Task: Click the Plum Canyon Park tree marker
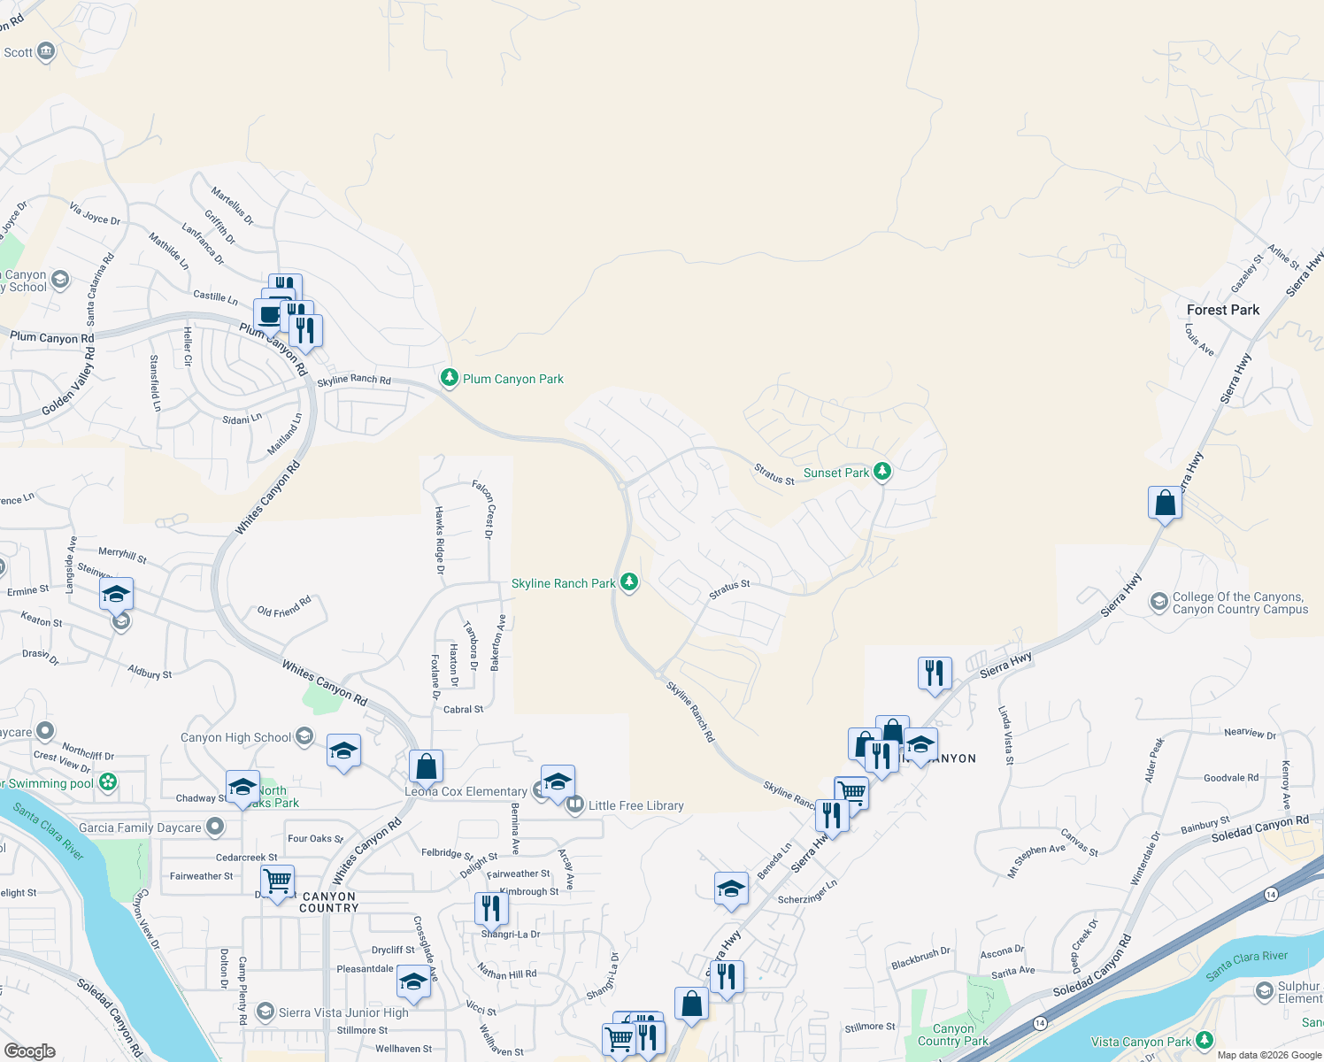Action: tap(450, 378)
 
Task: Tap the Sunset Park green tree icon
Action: tap(882, 471)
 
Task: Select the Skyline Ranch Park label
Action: tap(563, 583)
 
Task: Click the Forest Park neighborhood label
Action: tap(1222, 310)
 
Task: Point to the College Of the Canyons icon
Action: tap(1158, 603)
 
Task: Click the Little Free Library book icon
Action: tap(575, 804)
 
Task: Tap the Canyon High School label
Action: tap(235, 737)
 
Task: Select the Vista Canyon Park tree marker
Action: tap(1204, 1040)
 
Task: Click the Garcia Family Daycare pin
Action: tap(214, 827)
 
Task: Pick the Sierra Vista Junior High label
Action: tap(343, 1012)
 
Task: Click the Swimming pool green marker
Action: tap(108, 782)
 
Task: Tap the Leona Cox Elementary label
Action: tap(466, 791)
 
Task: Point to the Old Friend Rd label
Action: tap(284, 607)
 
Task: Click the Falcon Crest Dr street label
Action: tap(483, 509)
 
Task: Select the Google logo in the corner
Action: tap(29, 1050)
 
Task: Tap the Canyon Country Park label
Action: tap(952, 1035)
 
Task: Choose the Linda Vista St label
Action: tap(1005, 735)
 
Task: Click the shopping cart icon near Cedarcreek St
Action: tap(278, 881)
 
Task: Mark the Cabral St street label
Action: tap(463, 709)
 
